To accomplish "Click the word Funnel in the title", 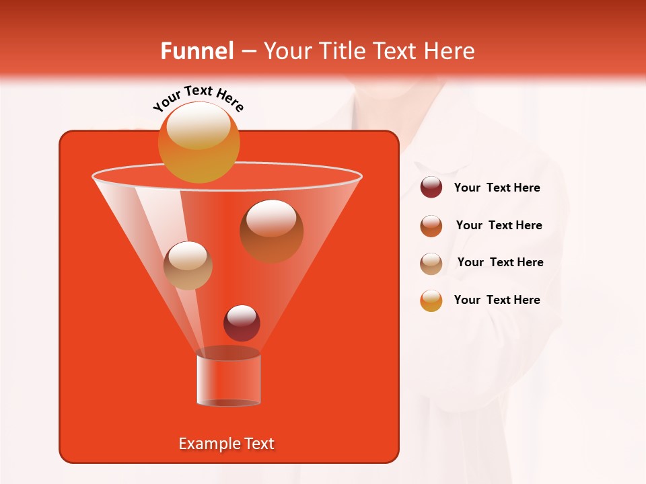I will point(196,51).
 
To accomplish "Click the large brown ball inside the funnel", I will point(271,231).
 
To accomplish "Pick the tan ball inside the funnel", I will point(188,266).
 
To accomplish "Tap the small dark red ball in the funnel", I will point(242,323).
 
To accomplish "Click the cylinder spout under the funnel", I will point(228,380).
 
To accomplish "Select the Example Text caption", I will point(226,444).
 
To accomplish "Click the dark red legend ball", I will point(431,188).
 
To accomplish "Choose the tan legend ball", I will point(431,263).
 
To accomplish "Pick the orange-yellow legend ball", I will point(431,300).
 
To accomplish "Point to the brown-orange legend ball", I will point(431,225).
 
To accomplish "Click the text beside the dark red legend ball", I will point(497,188).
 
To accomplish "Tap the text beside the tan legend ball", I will point(500,262).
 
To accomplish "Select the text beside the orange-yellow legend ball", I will point(497,300).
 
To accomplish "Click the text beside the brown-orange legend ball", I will point(499,225).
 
